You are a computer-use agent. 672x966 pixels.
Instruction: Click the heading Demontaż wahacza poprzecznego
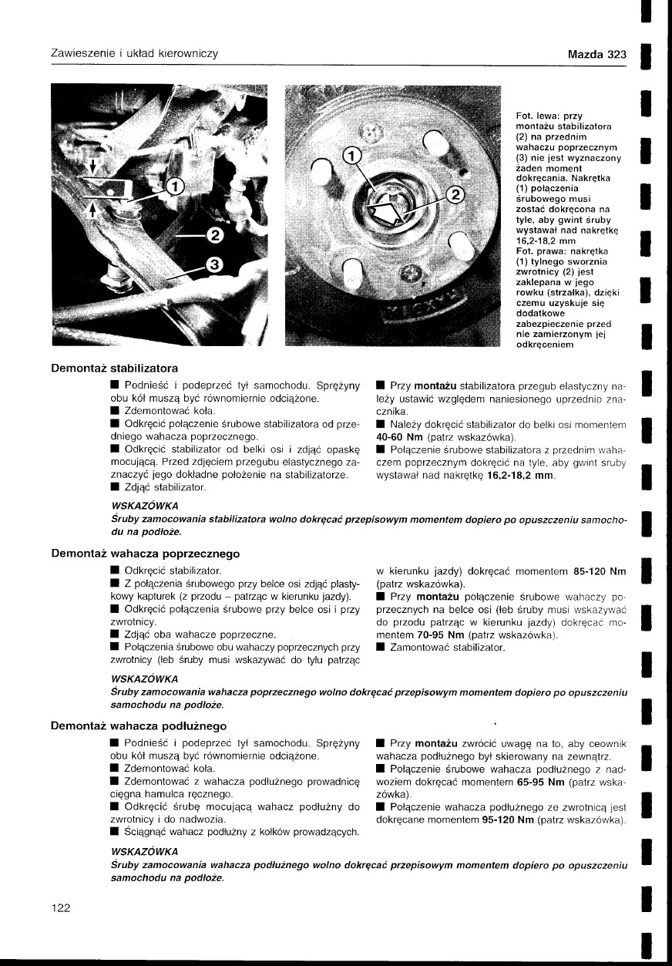point(145,554)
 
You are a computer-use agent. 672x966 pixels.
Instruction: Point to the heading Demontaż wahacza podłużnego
point(139,725)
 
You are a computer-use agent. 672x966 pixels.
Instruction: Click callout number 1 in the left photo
point(175,186)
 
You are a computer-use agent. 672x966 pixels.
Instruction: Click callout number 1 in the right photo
point(351,157)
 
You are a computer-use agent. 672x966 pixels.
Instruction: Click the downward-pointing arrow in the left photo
point(93,167)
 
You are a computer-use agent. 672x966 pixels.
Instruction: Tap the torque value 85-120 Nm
point(600,571)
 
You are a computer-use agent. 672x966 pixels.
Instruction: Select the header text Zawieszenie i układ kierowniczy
point(134,54)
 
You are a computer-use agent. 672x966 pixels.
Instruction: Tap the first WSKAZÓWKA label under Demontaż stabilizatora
point(146,506)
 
